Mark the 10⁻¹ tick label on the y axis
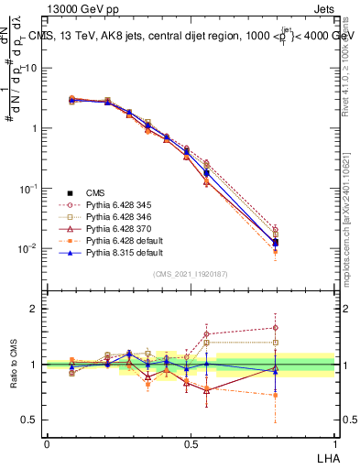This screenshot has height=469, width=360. [x=30, y=188]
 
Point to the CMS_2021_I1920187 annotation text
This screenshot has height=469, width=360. [x=190, y=275]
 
